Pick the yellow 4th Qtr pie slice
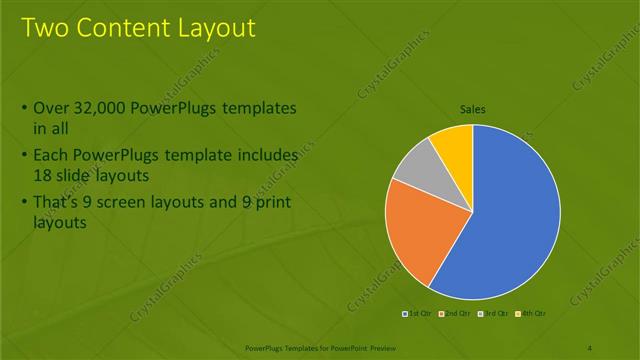pyautogui.click(x=454, y=142)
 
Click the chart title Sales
pyautogui.click(x=473, y=109)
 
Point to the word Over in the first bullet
pyautogui.click(x=51, y=107)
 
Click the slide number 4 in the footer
pyautogui.click(x=590, y=347)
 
